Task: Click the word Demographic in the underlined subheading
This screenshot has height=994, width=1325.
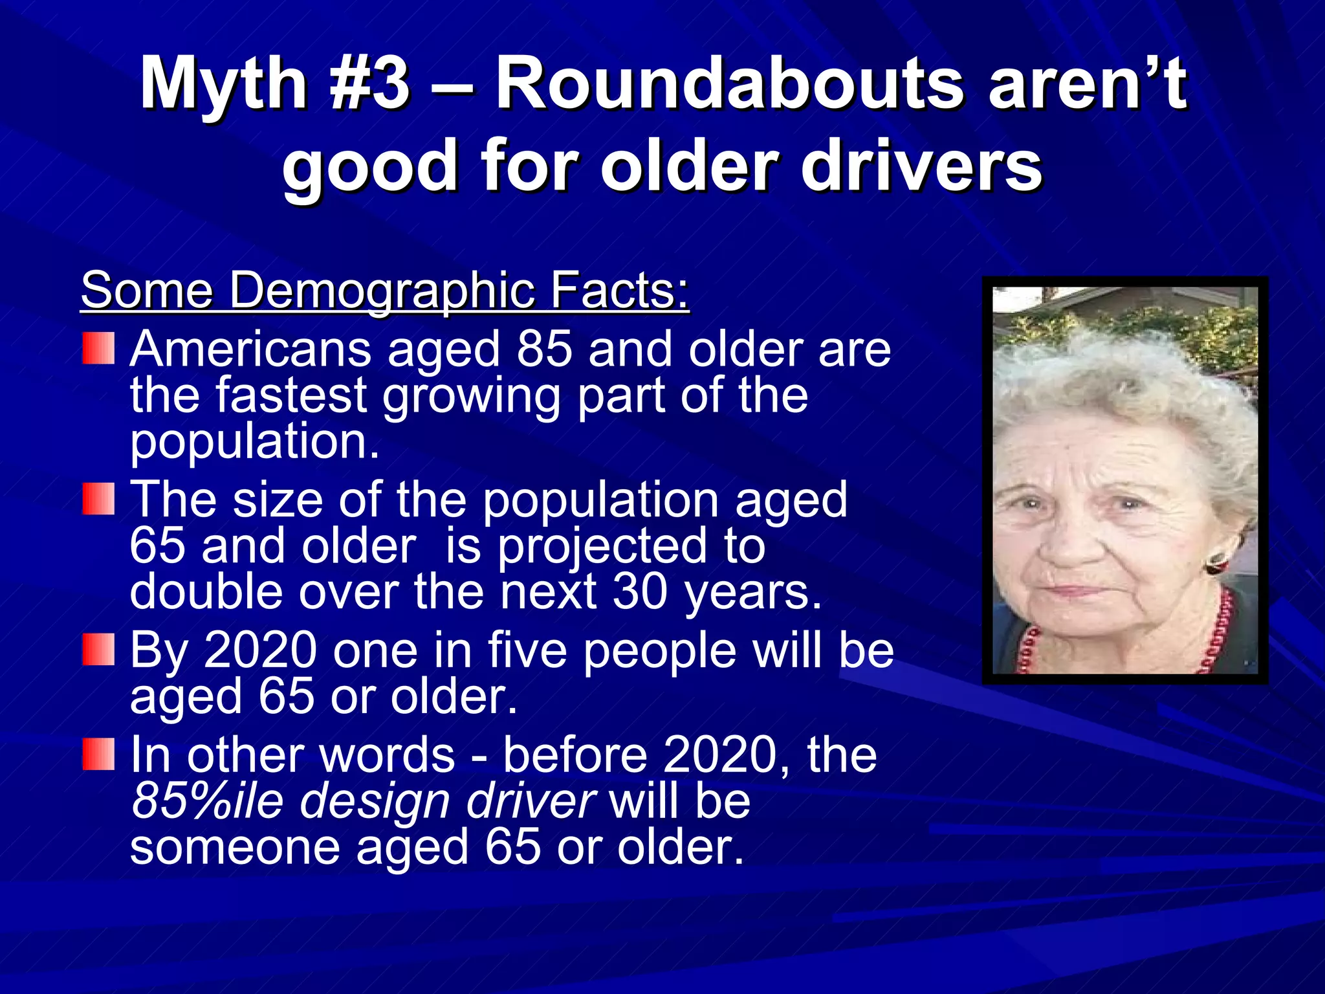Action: click(382, 291)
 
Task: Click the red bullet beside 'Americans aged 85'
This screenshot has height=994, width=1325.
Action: click(98, 348)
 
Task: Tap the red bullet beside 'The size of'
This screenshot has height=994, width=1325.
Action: click(98, 500)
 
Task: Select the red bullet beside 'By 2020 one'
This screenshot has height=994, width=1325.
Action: click(98, 650)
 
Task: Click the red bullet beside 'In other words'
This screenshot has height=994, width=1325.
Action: click(98, 755)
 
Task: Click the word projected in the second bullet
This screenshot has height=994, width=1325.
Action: click(602, 546)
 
